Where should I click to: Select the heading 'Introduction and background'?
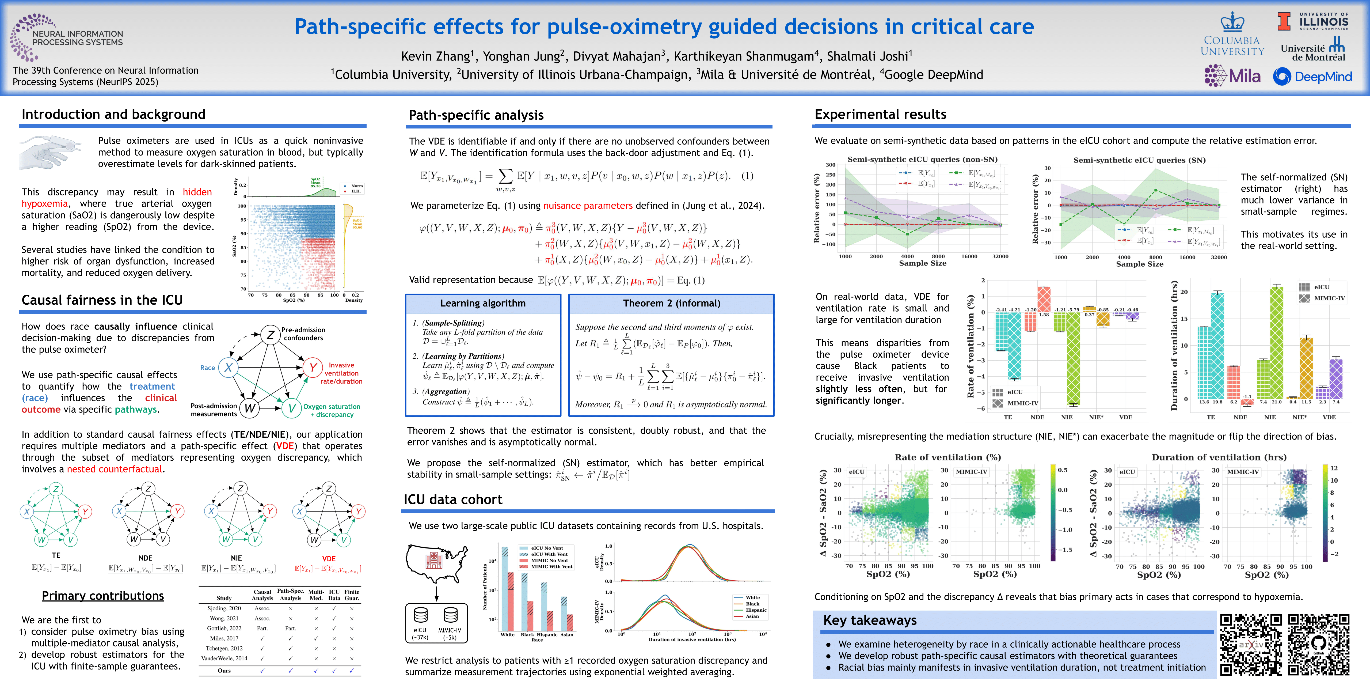point(113,114)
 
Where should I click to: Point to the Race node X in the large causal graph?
point(228,367)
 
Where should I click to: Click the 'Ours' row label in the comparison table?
point(224,671)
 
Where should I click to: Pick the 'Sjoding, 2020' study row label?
point(224,608)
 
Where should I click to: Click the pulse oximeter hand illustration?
point(51,152)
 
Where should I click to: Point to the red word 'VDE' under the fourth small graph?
point(329,558)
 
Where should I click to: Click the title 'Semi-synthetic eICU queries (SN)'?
point(1139,160)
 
